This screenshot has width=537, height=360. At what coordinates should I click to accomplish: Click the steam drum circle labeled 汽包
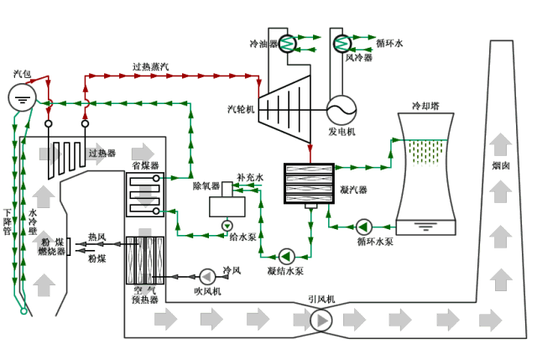pos(22,99)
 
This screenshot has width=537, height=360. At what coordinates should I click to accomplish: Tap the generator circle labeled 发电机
pos(341,109)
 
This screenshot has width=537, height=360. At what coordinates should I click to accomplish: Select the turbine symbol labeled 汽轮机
pos(284,107)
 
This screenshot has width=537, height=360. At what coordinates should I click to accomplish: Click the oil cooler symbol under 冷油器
pos(287,43)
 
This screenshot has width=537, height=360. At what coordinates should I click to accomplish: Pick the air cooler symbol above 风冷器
pos(341,43)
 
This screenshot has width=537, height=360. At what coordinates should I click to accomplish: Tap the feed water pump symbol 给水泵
pos(227,227)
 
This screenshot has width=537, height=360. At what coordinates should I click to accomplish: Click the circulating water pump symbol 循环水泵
pos(363,227)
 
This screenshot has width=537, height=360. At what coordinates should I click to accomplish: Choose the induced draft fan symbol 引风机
pos(321,320)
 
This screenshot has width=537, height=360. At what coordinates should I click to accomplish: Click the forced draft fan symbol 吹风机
pos(206,275)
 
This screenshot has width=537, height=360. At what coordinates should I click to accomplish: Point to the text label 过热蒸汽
pos(150,66)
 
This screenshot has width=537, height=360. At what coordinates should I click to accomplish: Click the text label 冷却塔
pos(425,107)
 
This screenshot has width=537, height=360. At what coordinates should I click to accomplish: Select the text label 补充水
pos(249,178)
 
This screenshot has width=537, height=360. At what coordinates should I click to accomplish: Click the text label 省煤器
pos(145,166)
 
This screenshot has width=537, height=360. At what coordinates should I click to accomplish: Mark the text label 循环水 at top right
pos(389,43)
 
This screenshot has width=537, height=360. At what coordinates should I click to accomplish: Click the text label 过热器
pos(102,154)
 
